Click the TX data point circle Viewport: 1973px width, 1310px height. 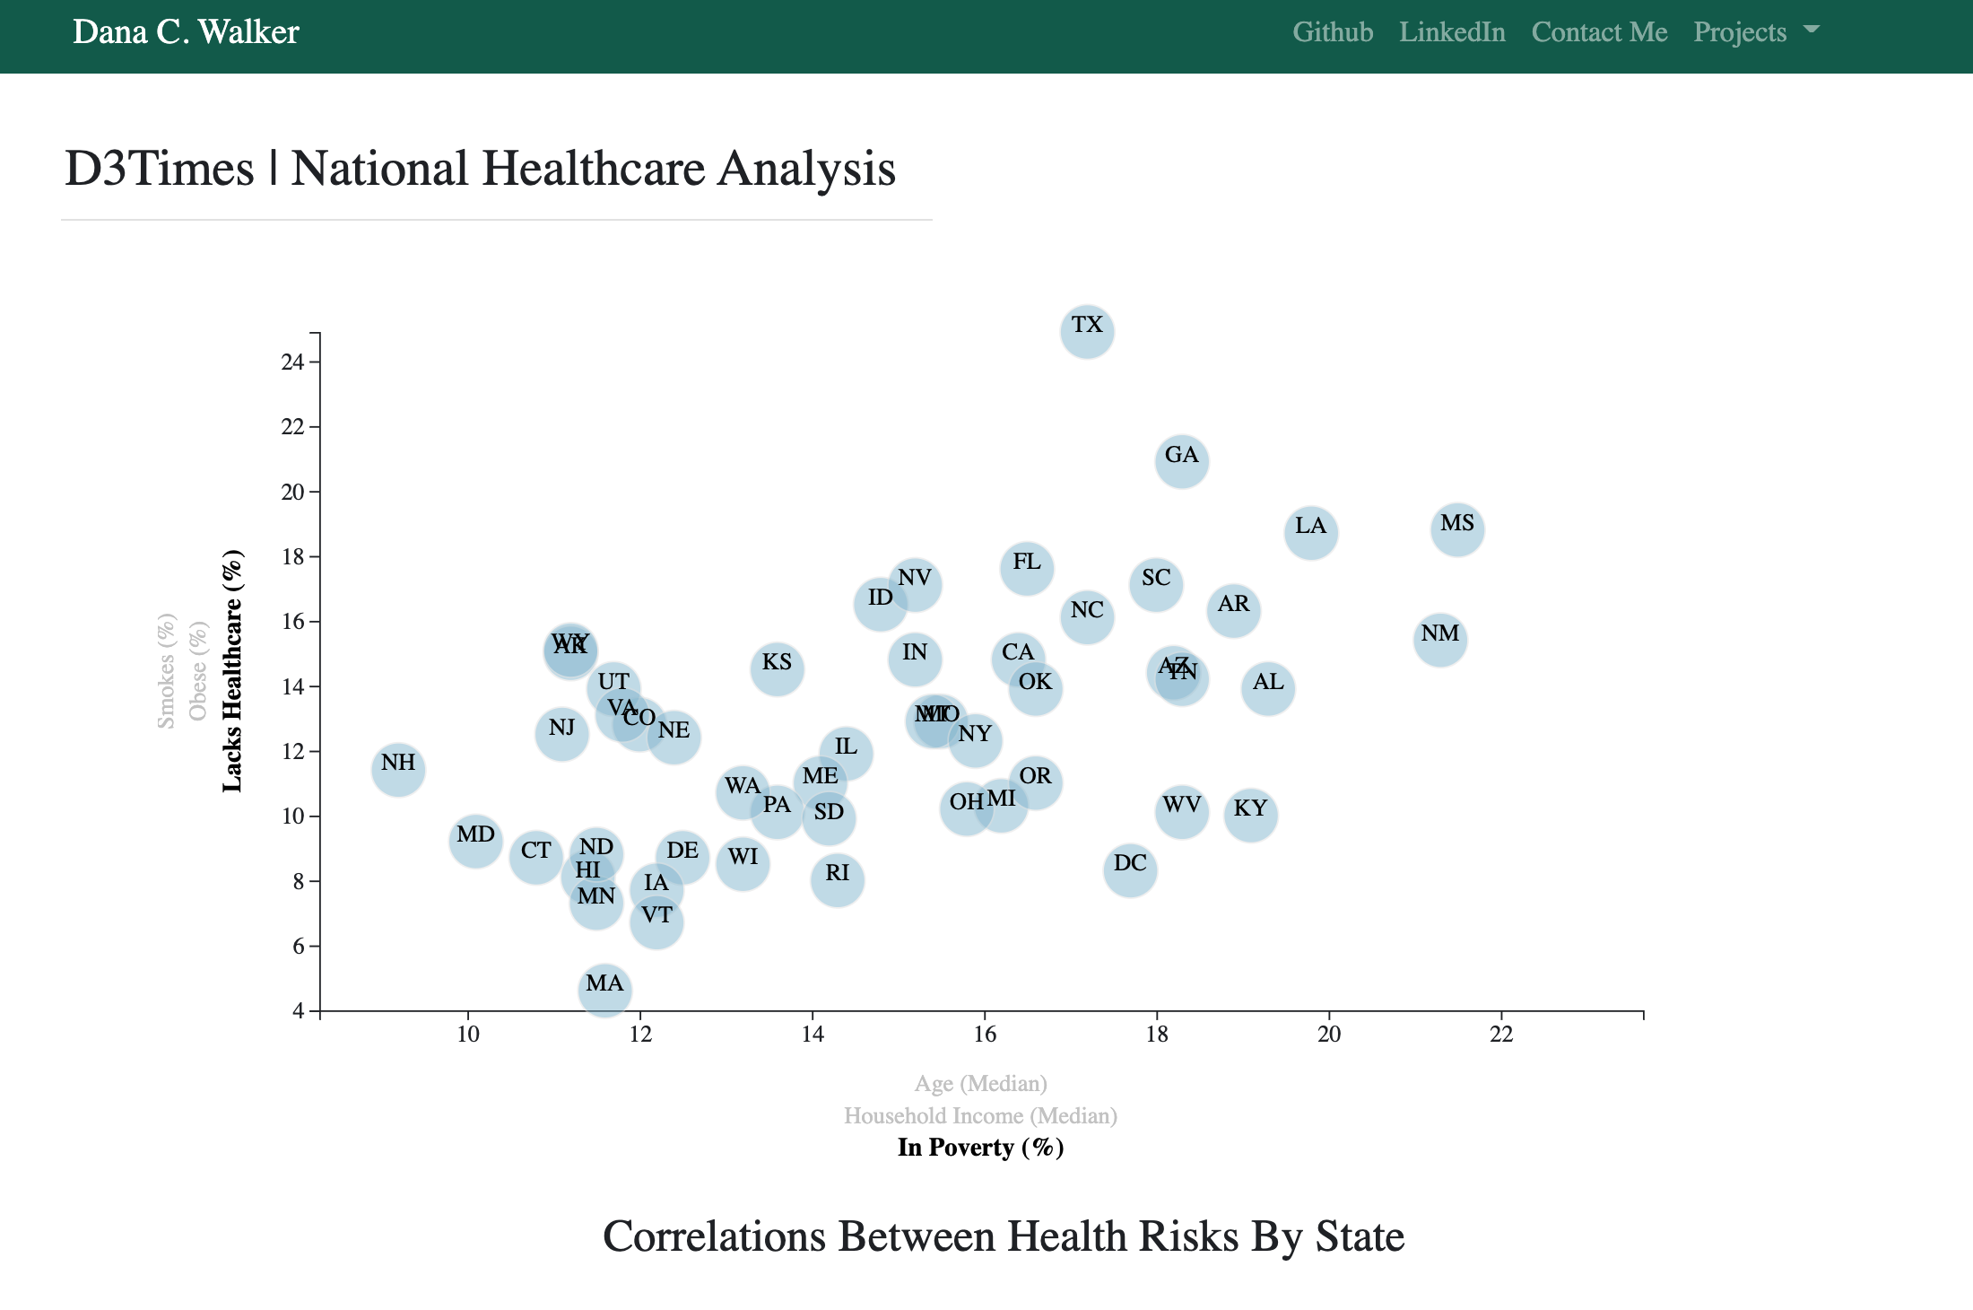point(1087,331)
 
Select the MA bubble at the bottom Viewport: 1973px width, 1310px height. point(604,990)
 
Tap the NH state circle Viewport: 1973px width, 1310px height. point(398,769)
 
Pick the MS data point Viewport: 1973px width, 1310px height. point(1456,529)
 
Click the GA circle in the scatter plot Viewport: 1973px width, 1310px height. point(1181,461)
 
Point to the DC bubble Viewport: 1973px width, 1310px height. point(1130,869)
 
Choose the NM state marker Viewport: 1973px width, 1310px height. point(1439,640)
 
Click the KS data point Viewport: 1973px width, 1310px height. point(777,668)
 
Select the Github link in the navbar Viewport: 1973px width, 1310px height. point(1333,32)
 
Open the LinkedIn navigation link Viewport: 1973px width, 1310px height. point(1452,32)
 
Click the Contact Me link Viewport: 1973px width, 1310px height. point(1599,32)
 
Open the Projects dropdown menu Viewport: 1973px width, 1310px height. point(1755,32)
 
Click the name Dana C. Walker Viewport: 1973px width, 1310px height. point(186,32)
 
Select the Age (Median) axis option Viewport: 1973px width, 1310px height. point(980,1084)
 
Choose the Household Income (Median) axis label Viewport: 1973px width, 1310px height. point(980,1116)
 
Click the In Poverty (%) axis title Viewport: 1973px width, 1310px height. point(980,1148)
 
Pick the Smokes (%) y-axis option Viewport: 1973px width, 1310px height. point(166,671)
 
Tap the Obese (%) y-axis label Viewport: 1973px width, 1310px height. point(198,671)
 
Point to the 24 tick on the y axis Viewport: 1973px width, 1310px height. point(292,362)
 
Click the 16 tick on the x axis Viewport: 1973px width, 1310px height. point(985,1035)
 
